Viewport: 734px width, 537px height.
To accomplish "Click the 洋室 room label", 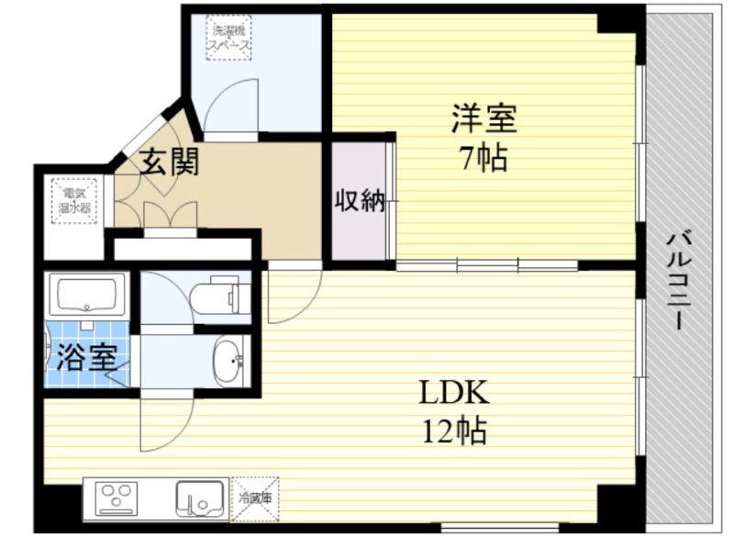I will (x=484, y=119).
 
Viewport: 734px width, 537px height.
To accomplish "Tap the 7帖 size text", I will (x=484, y=159).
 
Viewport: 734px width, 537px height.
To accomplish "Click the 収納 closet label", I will (x=359, y=200).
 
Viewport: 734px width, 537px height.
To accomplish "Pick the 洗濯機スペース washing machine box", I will (x=228, y=37).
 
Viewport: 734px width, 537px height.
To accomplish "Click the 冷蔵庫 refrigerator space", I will (x=255, y=498).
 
